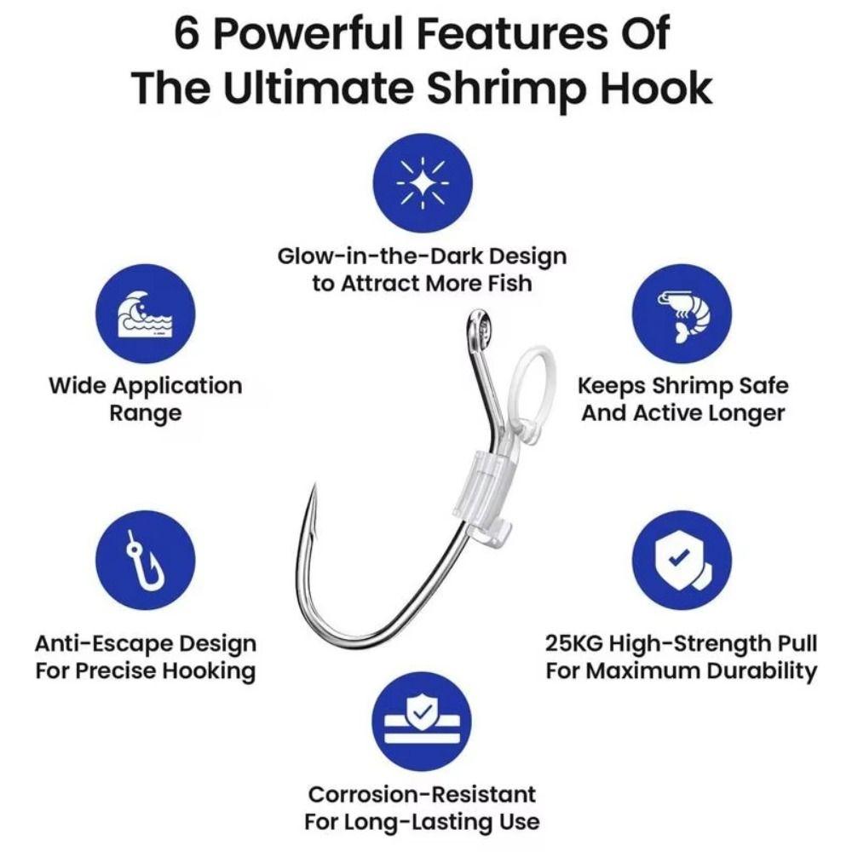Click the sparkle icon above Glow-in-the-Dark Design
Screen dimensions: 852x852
click(x=423, y=183)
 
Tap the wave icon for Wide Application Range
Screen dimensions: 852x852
click(x=145, y=314)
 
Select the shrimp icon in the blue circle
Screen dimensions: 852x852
click(x=682, y=314)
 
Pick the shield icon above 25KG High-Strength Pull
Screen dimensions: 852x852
click(x=682, y=560)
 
